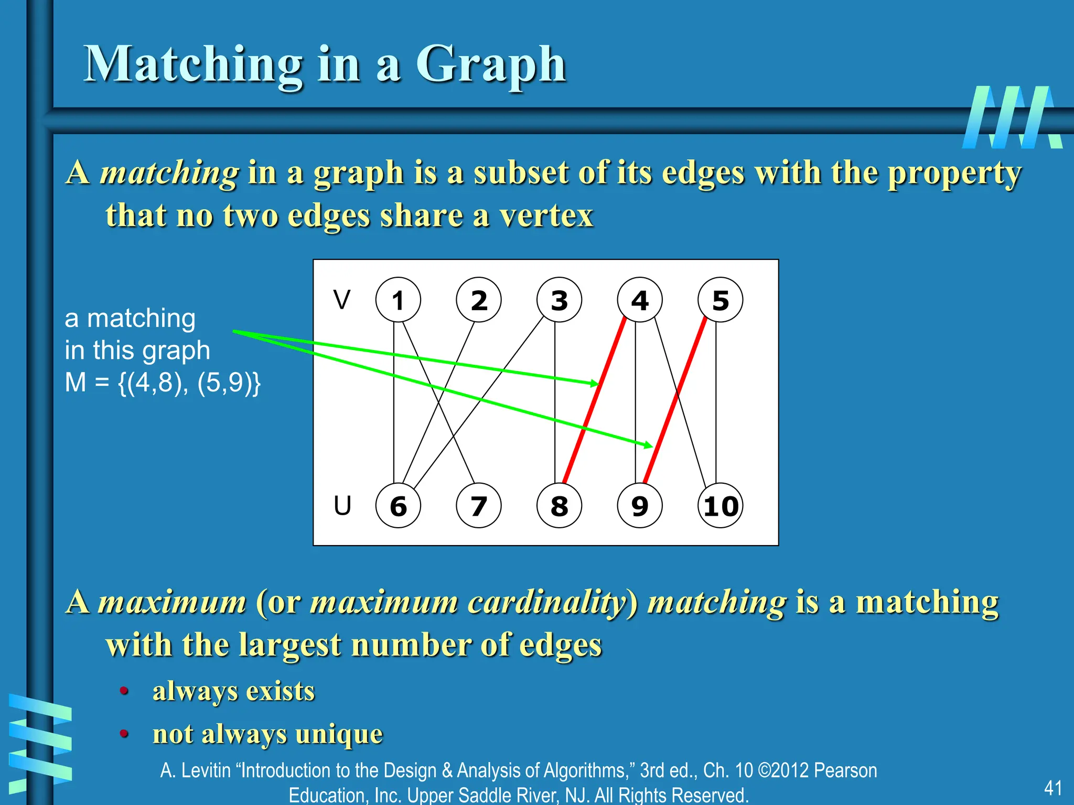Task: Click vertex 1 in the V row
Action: (398, 300)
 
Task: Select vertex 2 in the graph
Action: (479, 300)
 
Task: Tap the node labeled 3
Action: (559, 300)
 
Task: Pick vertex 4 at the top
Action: (640, 300)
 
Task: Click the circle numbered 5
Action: (720, 300)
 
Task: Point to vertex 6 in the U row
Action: (398, 506)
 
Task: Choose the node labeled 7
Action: (479, 506)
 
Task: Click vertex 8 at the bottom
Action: (559, 506)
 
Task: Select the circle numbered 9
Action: (640, 506)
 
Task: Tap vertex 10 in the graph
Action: (720, 506)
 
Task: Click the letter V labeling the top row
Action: (342, 300)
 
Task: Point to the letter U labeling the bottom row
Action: (342, 506)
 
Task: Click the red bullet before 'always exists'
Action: (124, 691)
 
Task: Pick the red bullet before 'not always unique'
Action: (124, 733)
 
